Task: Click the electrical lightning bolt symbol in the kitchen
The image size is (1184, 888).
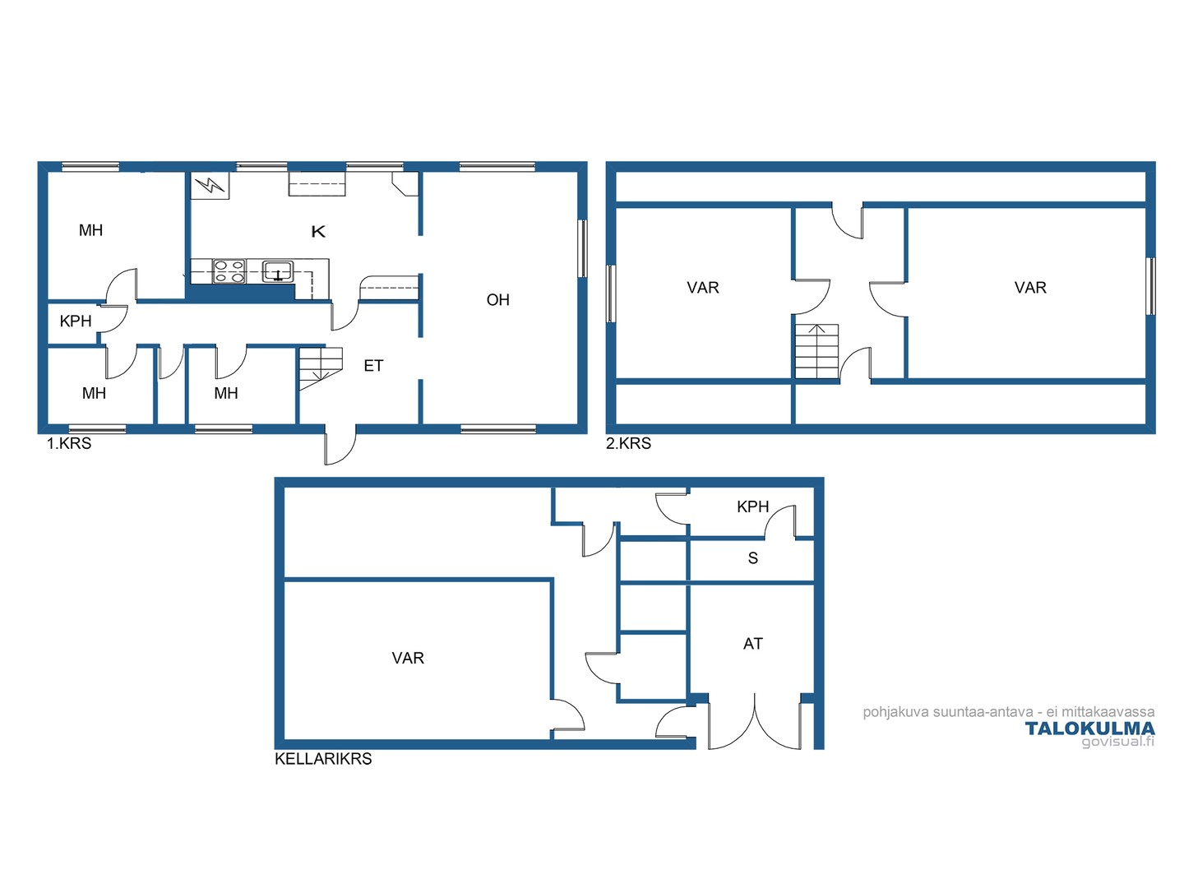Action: (210, 186)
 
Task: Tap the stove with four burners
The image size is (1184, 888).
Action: (229, 271)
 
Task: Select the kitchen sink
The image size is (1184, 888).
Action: (278, 271)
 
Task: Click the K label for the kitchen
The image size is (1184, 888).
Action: (318, 232)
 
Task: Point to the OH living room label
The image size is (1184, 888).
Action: (498, 300)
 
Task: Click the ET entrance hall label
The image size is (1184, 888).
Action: (373, 366)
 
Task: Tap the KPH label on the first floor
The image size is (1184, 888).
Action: (76, 321)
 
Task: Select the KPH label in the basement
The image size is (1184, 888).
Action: (752, 506)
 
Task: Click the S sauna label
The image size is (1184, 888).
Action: (753, 558)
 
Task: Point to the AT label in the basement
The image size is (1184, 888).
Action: (753, 644)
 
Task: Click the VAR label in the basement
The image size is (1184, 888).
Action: (408, 658)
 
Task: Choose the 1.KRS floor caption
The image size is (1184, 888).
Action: (69, 444)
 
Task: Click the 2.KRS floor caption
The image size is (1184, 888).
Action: (628, 444)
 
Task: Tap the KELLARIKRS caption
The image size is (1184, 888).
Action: (323, 759)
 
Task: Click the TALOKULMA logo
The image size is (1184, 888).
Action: (1089, 729)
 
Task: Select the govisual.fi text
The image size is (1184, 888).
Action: (1118, 742)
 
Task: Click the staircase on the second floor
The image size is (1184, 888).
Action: (816, 352)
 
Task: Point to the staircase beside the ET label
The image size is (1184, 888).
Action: (321, 369)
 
